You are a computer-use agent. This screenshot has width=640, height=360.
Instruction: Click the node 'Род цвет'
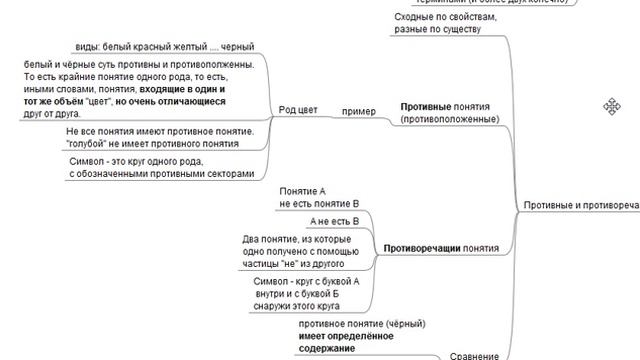[300, 111]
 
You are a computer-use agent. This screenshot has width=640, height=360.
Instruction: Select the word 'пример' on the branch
[358, 111]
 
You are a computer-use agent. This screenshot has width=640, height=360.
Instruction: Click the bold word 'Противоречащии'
[421, 248]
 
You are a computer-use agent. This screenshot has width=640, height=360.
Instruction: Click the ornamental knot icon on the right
[610, 106]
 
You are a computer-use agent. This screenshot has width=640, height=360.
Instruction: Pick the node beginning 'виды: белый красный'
[165, 48]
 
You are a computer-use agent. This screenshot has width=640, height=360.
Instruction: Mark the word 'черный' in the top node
[238, 48]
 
